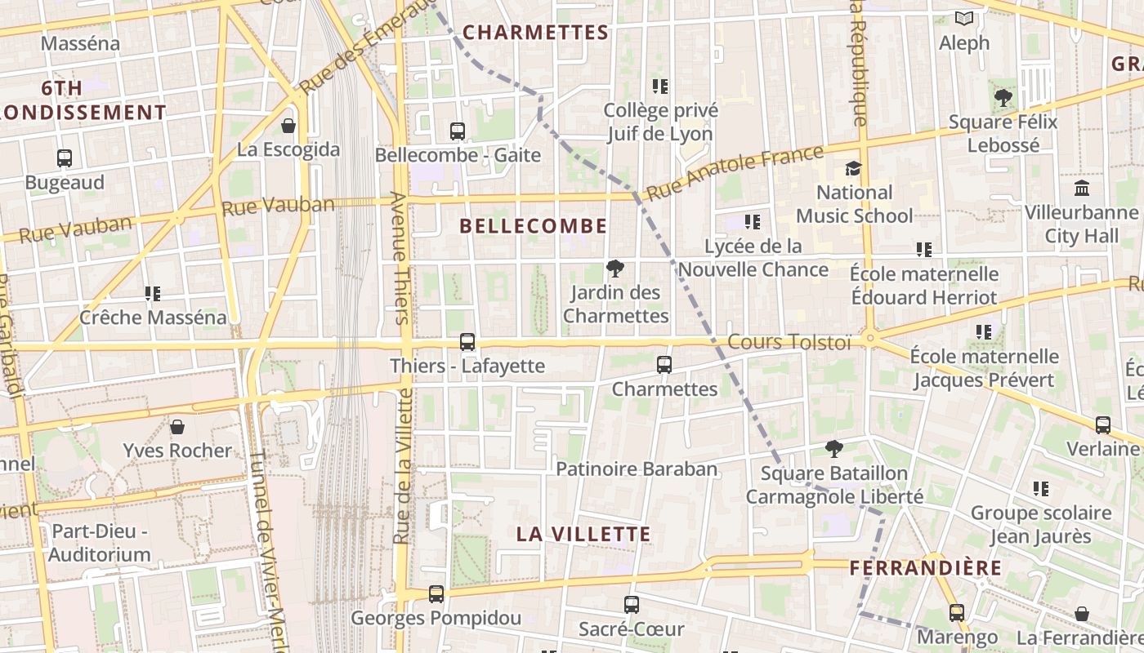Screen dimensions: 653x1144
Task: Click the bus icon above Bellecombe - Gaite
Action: pos(458,131)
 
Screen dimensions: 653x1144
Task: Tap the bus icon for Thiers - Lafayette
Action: pos(467,342)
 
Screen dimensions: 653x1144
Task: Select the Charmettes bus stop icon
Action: pos(664,365)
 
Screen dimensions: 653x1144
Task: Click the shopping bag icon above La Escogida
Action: pos(288,126)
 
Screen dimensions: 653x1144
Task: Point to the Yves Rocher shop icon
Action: pos(177,427)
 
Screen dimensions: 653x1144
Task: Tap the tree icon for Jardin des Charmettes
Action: pos(615,269)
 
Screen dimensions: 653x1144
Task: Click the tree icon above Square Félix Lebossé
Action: pos(1003,98)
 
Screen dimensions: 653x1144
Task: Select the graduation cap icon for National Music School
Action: pos(854,169)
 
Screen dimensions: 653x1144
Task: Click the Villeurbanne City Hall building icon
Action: pos(1082,189)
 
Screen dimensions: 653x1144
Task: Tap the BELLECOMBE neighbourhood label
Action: pos(534,226)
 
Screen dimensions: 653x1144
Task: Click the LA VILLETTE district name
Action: pos(583,534)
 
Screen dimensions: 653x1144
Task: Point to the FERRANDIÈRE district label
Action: pos(925,567)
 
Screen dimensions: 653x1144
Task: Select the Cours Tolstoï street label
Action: pos(789,342)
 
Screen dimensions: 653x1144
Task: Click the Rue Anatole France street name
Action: pos(734,173)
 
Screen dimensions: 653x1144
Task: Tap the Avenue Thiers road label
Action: pos(400,258)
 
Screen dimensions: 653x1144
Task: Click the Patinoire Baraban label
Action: pos(637,469)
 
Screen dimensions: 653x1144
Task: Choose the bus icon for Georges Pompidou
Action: pos(436,594)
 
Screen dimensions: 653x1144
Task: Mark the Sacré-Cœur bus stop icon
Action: pos(631,605)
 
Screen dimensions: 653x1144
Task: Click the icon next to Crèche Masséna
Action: pos(152,294)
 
